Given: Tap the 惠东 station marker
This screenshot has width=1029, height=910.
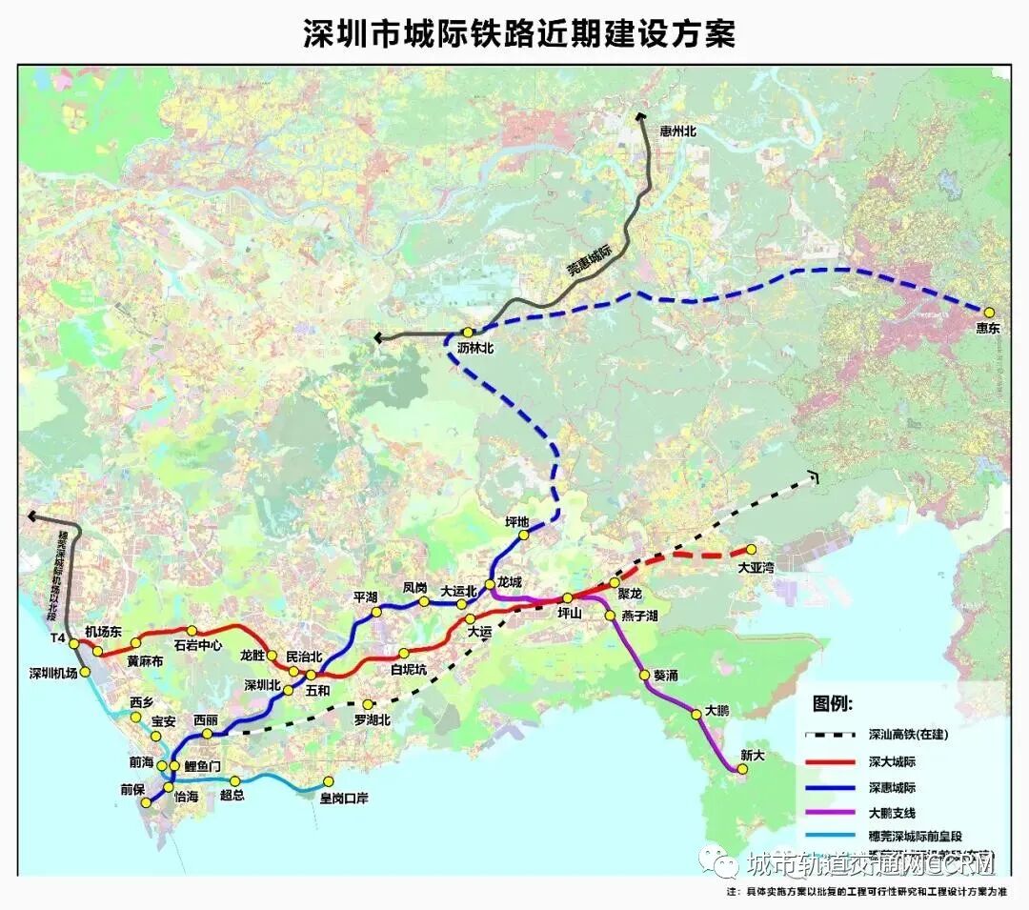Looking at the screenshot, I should (x=989, y=312).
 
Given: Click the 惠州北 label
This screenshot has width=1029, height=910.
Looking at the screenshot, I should (x=678, y=131).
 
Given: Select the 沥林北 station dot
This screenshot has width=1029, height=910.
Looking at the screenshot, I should (x=468, y=332).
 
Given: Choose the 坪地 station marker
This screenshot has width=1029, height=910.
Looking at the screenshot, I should (x=523, y=536).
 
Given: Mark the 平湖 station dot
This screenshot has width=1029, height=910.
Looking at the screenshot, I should (x=376, y=612).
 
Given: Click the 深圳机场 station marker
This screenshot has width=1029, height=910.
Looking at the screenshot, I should (x=86, y=672).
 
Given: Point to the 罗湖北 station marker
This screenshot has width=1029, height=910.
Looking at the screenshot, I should (x=368, y=704).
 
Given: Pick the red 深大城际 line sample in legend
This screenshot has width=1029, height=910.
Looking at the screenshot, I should (x=831, y=761).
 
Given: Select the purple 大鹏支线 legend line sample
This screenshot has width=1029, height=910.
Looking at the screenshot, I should (x=831, y=813).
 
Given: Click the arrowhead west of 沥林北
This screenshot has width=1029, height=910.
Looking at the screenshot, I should (x=380, y=336).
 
